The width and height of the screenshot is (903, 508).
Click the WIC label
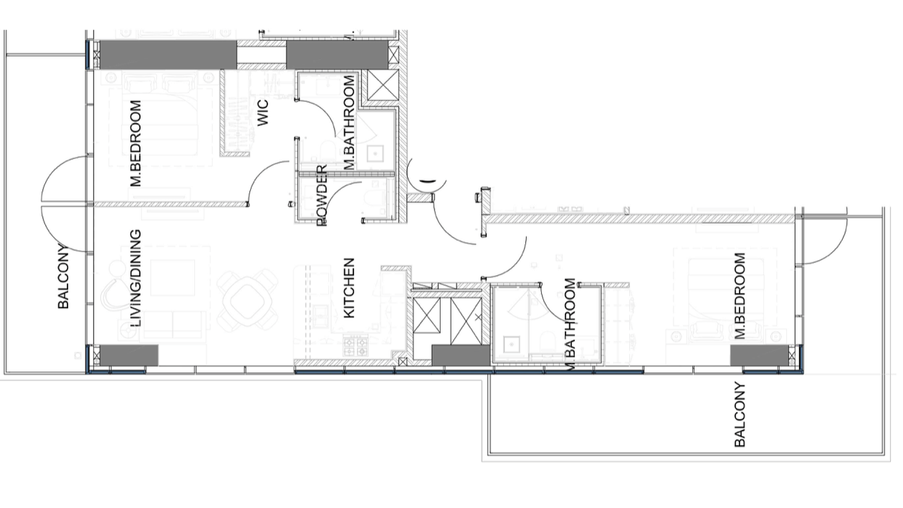coord(263,112)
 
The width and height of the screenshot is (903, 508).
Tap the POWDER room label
coord(322,196)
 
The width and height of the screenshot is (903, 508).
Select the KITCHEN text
coord(349,288)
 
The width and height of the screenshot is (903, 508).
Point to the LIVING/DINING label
coord(135,278)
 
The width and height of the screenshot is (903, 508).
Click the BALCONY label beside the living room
coord(63,277)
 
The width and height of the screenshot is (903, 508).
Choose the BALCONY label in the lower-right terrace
coord(740,414)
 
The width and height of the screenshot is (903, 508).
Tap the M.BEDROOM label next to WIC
coord(136,143)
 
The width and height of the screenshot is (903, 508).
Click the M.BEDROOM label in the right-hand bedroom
coord(740,296)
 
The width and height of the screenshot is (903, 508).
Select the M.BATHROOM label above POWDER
coord(349,123)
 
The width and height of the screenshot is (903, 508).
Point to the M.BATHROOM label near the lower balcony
coord(570,325)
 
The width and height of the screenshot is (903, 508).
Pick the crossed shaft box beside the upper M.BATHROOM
coord(382,85)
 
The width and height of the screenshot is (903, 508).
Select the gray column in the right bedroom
coord(759,356)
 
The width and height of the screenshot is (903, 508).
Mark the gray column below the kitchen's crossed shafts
coord(460,356)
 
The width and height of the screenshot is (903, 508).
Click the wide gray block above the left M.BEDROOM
coord(168,55)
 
